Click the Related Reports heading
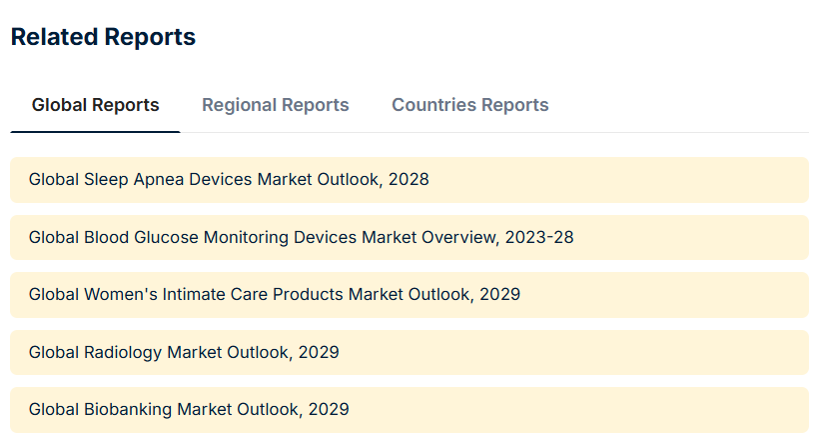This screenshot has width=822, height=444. (103, 37)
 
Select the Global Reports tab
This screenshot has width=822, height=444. (96, 105)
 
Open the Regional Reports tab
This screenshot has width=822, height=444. (276, 105)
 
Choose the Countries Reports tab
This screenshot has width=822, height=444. (470, 105)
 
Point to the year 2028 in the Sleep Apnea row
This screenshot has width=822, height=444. (409, 179)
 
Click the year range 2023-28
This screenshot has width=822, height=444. (539, 237)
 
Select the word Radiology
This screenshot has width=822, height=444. (123, 353)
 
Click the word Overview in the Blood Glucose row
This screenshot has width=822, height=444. (459, 238)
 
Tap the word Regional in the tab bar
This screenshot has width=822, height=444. (235, 105)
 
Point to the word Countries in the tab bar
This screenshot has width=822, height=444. (434, 105)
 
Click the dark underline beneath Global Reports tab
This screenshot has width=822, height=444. (96, 132)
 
